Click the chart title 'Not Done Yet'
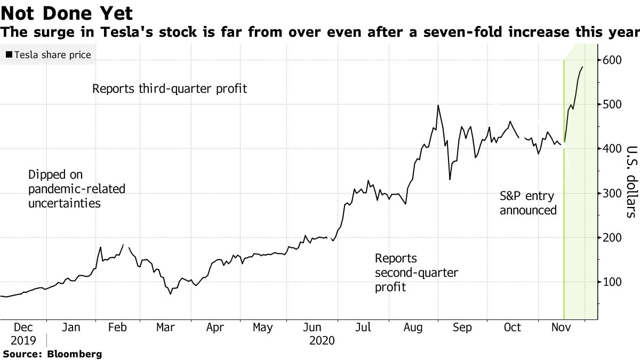(x=67, y=12)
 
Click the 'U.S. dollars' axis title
(x=631, y=181)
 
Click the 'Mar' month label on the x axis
(x=165, y=327)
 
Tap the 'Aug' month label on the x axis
(x=413, y=327)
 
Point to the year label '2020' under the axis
(x=322, y=341)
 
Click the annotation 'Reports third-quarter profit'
(x=170, y=89)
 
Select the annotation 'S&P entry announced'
(x=528, y=203)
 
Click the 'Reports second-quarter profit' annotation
(x=416, y=273)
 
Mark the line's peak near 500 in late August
(x=438, y=106)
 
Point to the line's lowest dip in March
(x=171, y=293)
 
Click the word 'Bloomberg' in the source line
(x=75, y=354)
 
